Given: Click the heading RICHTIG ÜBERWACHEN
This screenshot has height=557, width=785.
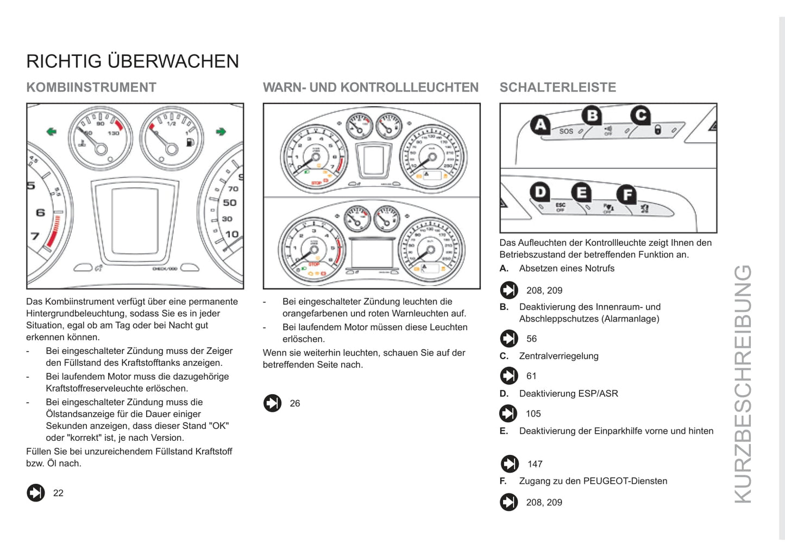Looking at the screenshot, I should [133, 61].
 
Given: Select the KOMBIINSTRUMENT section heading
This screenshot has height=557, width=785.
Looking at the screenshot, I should [91, 87].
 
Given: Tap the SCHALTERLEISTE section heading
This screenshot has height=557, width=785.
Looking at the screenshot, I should [557, 87].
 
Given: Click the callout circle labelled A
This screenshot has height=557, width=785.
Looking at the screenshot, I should [540, 125].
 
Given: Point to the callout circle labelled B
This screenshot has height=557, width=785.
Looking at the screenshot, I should [592, 115].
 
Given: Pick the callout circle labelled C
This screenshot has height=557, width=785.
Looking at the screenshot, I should [641, 115].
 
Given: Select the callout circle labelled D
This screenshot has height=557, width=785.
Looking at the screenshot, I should [540, 192].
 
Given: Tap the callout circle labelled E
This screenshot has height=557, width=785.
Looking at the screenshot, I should [581, 193].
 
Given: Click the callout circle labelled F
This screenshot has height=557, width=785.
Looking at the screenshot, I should [627, 195].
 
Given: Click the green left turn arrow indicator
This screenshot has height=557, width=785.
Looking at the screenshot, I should [52, 131].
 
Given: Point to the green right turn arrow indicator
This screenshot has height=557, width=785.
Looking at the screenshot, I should [221, 131].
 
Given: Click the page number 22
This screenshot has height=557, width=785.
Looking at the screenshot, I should [58, 493].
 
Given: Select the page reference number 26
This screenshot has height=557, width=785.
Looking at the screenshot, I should [295, 403].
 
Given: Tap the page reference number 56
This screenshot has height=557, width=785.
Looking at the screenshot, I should [531, 339].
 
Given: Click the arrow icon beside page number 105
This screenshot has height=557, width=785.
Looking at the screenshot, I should [508, 414].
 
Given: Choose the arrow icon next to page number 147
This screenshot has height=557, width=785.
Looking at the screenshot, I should [510, 464].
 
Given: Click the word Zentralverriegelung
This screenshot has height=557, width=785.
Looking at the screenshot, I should [558, 356].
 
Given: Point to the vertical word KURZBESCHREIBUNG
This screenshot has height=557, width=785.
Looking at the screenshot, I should [743, 384].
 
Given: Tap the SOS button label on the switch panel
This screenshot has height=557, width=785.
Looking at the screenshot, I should [566, 131].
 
